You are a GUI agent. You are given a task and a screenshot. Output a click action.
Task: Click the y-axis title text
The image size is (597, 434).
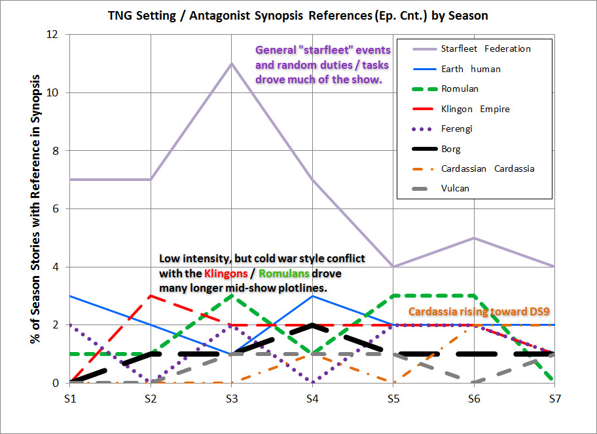(35, 209)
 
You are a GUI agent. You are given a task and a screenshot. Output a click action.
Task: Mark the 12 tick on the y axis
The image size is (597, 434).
(58, 34)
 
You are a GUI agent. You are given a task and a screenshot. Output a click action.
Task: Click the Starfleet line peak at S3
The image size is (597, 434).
(231, 64)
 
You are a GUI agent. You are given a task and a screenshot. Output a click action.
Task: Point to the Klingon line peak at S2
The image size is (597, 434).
(151, 296)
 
